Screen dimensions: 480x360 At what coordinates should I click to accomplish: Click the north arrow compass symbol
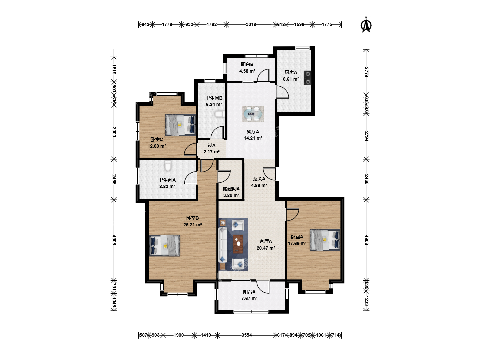(x=366, y=25)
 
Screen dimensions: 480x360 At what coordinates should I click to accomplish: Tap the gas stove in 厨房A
(x=307, y=78)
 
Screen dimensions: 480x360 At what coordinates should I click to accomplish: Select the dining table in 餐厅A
(x=253, y=114)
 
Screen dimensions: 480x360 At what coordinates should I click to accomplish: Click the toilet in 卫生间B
(x=220, y=114)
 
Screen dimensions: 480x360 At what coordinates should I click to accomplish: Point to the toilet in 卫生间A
(x=168, y=166)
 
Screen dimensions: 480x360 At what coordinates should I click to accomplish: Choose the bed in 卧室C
(x=180, y=125)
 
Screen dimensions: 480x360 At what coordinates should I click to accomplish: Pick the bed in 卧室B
(x=165, y=245)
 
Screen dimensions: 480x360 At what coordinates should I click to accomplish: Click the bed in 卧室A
(x=325, y=240)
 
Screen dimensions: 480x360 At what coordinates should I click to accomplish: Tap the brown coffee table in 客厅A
(x=238, y=244)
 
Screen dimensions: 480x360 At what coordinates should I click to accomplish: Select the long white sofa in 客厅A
(x=223, y=244)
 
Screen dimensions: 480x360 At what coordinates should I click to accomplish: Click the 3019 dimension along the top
(x=251, y=24)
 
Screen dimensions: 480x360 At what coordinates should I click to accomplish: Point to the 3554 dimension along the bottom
(x=247, y=335)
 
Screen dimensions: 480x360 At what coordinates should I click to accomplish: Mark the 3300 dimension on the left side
(x=114, y=132)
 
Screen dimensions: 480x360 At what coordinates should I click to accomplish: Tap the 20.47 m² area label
(x=266, y=248)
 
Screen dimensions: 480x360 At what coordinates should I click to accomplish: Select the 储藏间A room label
(x=231, y=189)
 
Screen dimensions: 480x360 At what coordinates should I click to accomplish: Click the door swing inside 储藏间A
(x=224, y=176)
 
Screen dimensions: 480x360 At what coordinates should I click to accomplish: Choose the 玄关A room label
(x=259, y=179)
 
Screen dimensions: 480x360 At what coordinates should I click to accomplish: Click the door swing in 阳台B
(x=264, y=75)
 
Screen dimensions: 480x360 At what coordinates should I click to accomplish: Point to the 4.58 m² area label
(x=247, y=71)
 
